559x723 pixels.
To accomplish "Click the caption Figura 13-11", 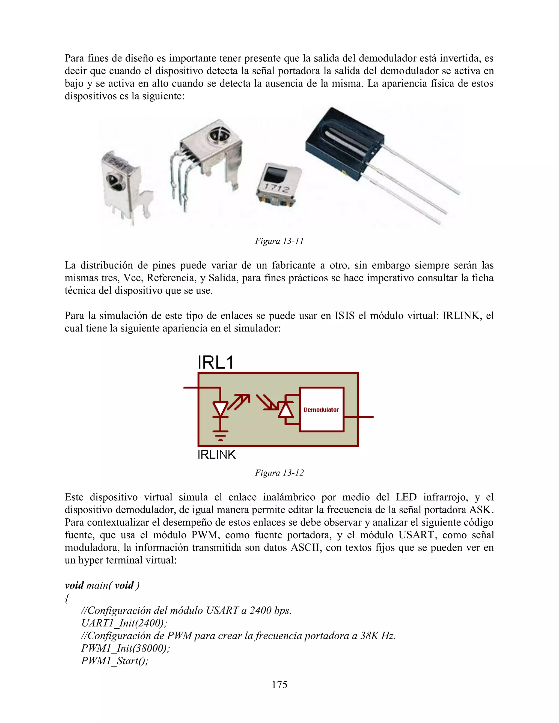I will (279, 241).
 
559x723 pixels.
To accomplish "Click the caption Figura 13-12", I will (279, 473).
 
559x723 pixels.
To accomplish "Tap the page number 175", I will (279, 685).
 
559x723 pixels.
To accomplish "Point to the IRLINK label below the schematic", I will (216, 455).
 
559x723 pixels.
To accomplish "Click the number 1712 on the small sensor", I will (276, 188).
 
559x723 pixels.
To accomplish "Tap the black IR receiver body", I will (344, 142).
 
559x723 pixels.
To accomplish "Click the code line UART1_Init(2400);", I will (124, 623).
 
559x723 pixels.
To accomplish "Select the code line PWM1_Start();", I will (115, 661).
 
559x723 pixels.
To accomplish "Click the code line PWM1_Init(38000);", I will (126, 648).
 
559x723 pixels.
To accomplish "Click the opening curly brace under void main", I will (67, 598).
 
